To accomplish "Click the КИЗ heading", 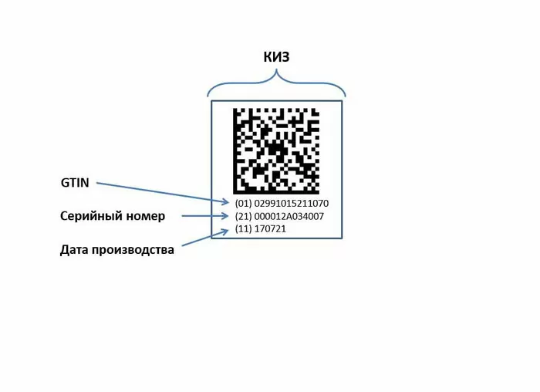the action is (x=276, y=57).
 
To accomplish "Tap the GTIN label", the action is (x=75, y=183).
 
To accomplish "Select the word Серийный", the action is (x=90, y=216).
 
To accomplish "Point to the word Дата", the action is (x=74, y=250).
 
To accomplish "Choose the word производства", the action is (x=133, y=250).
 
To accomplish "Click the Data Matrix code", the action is (x=276, y=151).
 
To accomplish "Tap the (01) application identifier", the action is (x=244, y=203).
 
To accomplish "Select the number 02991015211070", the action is (x=292, y=203).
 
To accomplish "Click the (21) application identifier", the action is (x=244, y=216).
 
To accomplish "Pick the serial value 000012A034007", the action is (x=289, y=216).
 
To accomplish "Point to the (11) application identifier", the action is (x=244, y=228).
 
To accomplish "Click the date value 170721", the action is (x=270, y=228).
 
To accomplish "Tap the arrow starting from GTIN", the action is (x=163, y=193).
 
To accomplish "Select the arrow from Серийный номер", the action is (x=205, y=216).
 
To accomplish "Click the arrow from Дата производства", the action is (x=205, y=238).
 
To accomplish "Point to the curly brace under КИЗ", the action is (x=276, y=83).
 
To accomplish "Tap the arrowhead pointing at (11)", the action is (x=224, y=231).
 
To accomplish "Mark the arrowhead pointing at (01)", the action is (x=225, y=202).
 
